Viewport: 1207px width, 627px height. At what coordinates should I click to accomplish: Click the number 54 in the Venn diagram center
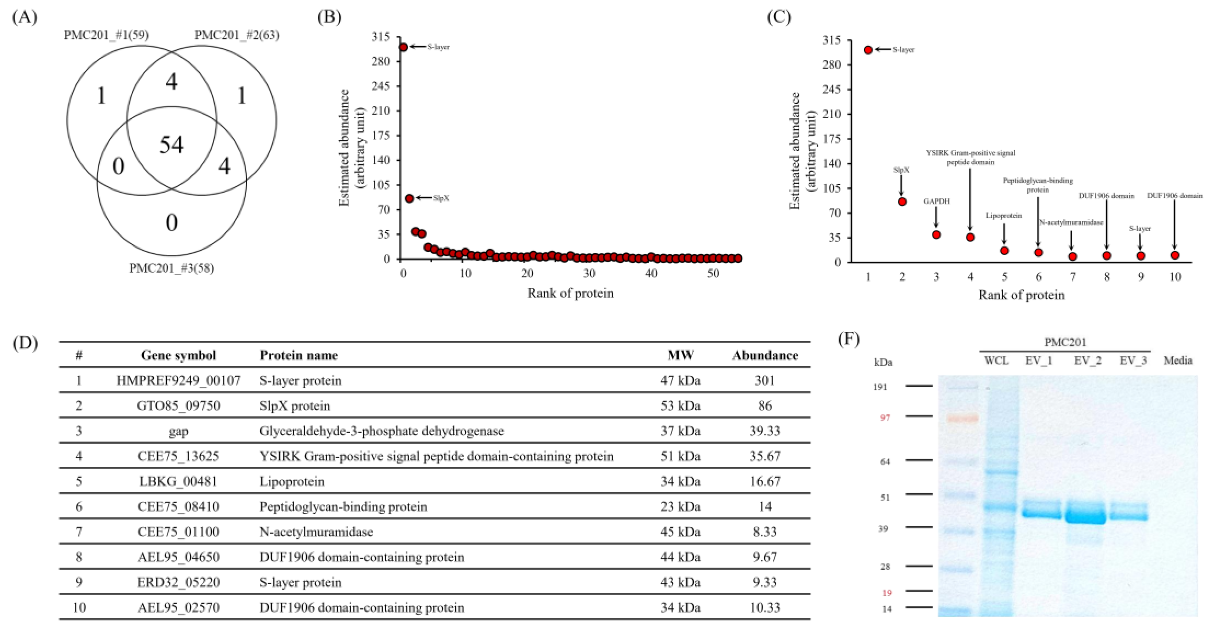point(172,145)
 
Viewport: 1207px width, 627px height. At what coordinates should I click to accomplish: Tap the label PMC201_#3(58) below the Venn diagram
point(172,268)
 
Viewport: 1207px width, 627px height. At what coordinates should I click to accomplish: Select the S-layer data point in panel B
point(403,47)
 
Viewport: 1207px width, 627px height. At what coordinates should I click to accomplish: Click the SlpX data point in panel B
point(409,198)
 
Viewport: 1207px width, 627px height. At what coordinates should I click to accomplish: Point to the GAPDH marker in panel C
point(936,235)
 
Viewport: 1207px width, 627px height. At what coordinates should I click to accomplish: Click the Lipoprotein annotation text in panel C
point(1004,215)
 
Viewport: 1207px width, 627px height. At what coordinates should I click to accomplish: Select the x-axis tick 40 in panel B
point(651,274)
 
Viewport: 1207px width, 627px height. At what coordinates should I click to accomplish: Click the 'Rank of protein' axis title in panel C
point(1022,295)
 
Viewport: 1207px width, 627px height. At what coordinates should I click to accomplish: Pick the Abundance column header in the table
point(765,355)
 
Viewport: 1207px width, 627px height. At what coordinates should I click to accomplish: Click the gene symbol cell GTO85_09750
point(178,406)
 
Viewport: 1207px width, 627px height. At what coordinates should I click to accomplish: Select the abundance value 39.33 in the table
point(765,431)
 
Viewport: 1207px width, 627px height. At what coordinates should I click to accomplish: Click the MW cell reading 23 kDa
point(680,506)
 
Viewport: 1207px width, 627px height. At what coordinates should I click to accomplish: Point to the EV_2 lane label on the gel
point(1088,360)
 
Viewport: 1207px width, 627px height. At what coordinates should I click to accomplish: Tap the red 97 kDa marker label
point(885,417)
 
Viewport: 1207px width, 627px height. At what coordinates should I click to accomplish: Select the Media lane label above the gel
point(1178,360)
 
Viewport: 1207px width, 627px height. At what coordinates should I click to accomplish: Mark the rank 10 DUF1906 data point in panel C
point(1174,255)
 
